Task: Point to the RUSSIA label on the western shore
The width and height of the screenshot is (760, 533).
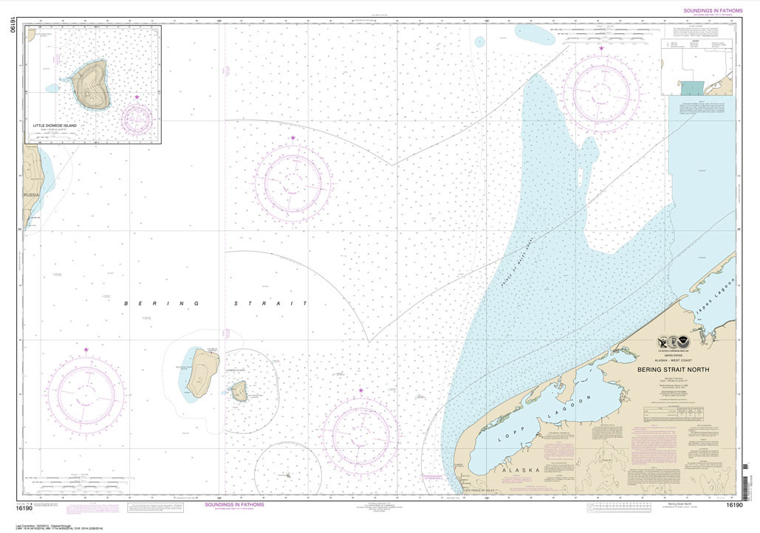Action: click(x=31, y=195)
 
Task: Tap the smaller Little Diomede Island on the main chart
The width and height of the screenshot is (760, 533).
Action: click(x=239, y=391)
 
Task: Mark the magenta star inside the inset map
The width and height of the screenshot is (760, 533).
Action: click(x=137, y=97)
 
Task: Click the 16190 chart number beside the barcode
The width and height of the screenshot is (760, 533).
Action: click(x=733, y=505)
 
